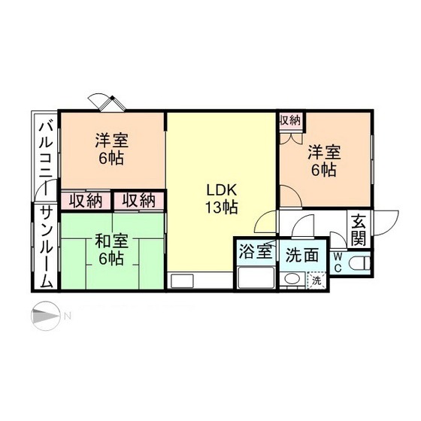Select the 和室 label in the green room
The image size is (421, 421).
pos(111,241)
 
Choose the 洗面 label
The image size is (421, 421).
pos(301,256)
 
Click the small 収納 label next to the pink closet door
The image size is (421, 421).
pos(290,120)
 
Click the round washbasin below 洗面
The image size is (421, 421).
pos(292,280)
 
